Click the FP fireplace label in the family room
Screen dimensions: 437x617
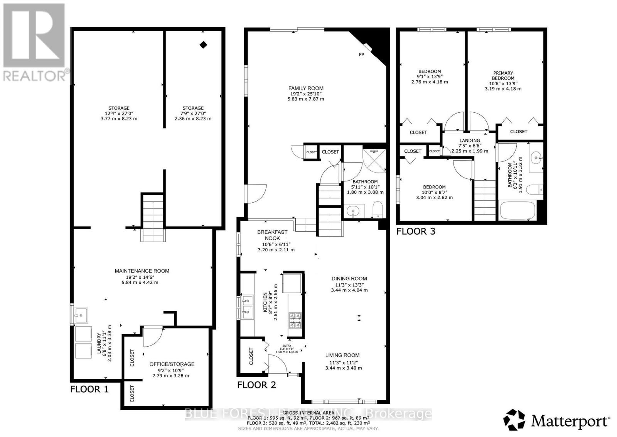click(x=361, y=55)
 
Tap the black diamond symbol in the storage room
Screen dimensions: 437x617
click(x=203, y=45)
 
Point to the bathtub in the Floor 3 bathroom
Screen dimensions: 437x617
click(x=516, y=211)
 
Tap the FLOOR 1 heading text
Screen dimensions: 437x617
click(x=89, y=389)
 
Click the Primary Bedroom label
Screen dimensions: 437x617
click(x=503, y=75)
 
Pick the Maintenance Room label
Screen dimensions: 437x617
click(x=142, y=271)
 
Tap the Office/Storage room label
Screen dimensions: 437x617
click(x=172, y=364)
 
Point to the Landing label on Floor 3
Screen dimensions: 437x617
click(x=470, y=141)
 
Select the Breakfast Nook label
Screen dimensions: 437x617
click(x=272, y=235)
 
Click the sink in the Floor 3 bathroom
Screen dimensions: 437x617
click(x=536, y=158)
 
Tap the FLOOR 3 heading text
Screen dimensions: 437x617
click(x=416, y=231)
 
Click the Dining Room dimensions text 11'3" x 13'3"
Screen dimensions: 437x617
click(x=349, y=285)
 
